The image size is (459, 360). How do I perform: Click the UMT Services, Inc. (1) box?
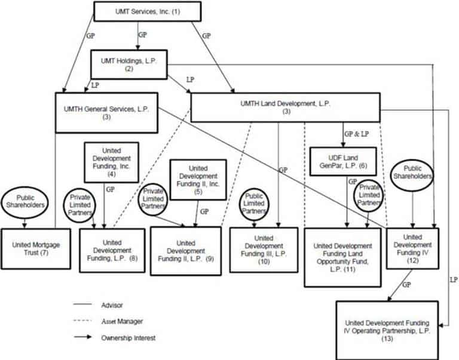tap(147, 11)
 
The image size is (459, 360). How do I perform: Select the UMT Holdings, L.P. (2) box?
tap(128, 64)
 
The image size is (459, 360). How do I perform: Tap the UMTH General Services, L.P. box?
tap(106, 112)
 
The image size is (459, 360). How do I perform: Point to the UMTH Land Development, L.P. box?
tap(285, 108)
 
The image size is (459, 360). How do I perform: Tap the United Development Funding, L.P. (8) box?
tap(112, 250)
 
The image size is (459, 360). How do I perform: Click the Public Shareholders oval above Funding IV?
tap(411, 173)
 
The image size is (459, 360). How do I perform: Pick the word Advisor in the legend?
tap(112, 305)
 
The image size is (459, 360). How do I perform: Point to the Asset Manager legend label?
tap(122, 321)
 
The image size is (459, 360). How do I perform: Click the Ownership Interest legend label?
tap(129, 337)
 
